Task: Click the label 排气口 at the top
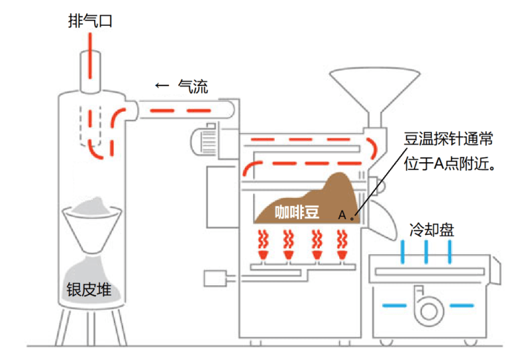[91, 21]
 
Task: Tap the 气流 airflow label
[193, 86]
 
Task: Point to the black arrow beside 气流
[162, 86]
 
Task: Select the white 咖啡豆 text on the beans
[297, 212]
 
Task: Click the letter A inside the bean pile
[342, 214]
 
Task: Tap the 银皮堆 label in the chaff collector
[91, 290]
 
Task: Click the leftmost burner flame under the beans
[262, 246]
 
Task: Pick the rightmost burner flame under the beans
[342, 246]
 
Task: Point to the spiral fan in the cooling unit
[419, 304]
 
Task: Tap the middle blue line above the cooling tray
[427, 252]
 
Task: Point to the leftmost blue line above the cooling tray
[402, 252]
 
